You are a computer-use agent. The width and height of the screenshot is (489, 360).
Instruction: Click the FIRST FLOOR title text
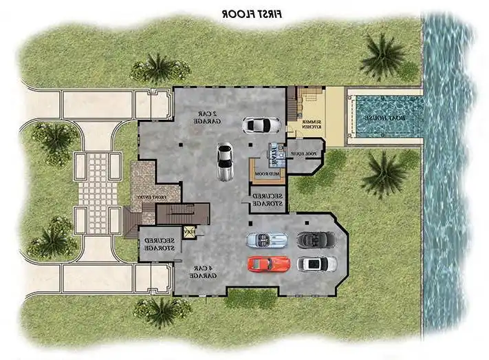tap(252, 12)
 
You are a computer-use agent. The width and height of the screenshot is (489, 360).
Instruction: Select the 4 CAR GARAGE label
tap(203, 272)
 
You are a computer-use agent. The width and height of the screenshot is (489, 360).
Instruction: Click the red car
tap(269, 264)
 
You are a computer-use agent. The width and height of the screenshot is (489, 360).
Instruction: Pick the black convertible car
tap(316, 240)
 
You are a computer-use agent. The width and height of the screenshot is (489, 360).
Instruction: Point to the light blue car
tap(268, 240)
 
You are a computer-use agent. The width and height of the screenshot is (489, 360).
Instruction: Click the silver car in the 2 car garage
tap(224, 161)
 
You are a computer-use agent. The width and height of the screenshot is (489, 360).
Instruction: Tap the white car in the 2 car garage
tap(262, 125)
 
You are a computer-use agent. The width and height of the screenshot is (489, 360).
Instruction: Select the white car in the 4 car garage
tap(316, 264)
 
